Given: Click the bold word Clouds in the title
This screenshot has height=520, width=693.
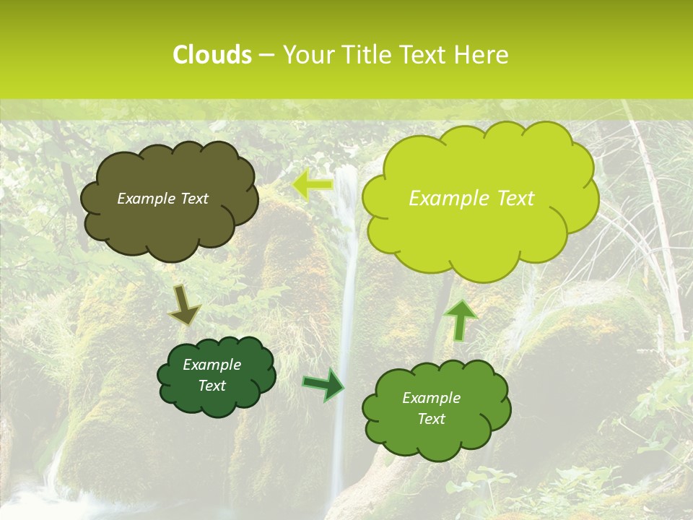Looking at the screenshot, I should click(212, 55).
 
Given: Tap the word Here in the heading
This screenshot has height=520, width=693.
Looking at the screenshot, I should click(483, 55).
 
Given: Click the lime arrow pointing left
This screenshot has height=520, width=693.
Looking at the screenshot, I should click(312, 186).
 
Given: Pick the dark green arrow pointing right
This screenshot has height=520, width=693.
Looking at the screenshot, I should click(323, 383).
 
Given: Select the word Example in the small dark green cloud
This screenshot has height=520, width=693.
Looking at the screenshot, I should click(212, 365).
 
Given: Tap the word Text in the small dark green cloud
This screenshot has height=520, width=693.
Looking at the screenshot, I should click(212, 386).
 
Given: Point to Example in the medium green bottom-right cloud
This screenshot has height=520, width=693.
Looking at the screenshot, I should click(431, 398).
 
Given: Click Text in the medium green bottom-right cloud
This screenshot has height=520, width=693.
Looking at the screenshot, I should click(431, 419).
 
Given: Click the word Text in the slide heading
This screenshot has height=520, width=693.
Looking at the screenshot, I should click(427, 55).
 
